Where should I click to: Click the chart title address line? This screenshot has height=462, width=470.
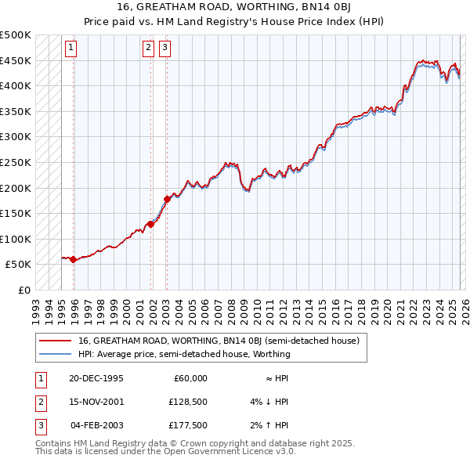click(x=235, y=7)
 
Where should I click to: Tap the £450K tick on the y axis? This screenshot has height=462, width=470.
click(x=16, y=60)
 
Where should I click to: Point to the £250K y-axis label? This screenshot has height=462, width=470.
click(x=16, y=162)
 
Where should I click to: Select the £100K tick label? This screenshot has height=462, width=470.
click(x=16, y=239)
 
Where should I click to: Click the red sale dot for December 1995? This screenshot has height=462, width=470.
click(x=74, y=259)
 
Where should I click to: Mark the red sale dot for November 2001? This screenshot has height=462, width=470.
click(x=150, y=224)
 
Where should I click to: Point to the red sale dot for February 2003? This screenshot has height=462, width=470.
click(x=166, y=199)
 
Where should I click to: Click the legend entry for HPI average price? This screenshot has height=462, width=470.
click(x=184, y=354)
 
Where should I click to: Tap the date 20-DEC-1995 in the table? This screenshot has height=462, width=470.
click(x=96, y=378)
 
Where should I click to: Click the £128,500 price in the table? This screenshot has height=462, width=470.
click(x=188, y=402)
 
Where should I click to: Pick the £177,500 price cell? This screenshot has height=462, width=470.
click(x=188, y=425)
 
